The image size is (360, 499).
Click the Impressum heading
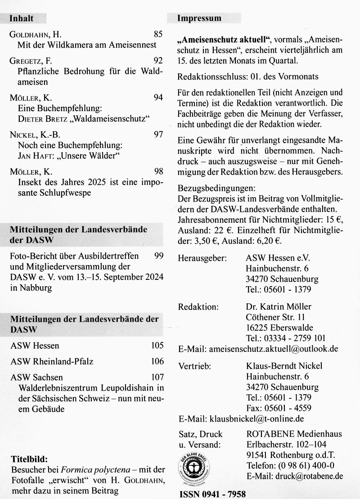tap(199, 18)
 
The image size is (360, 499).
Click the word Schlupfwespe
tap(67, 193)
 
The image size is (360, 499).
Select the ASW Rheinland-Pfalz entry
tap(52, 361)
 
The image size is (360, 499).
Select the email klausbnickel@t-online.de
tap(257, 418)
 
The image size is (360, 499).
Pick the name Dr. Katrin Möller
tap(279, 307)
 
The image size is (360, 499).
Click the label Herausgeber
tap(202, 259)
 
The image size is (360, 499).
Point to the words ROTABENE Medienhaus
tap(294, 434)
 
